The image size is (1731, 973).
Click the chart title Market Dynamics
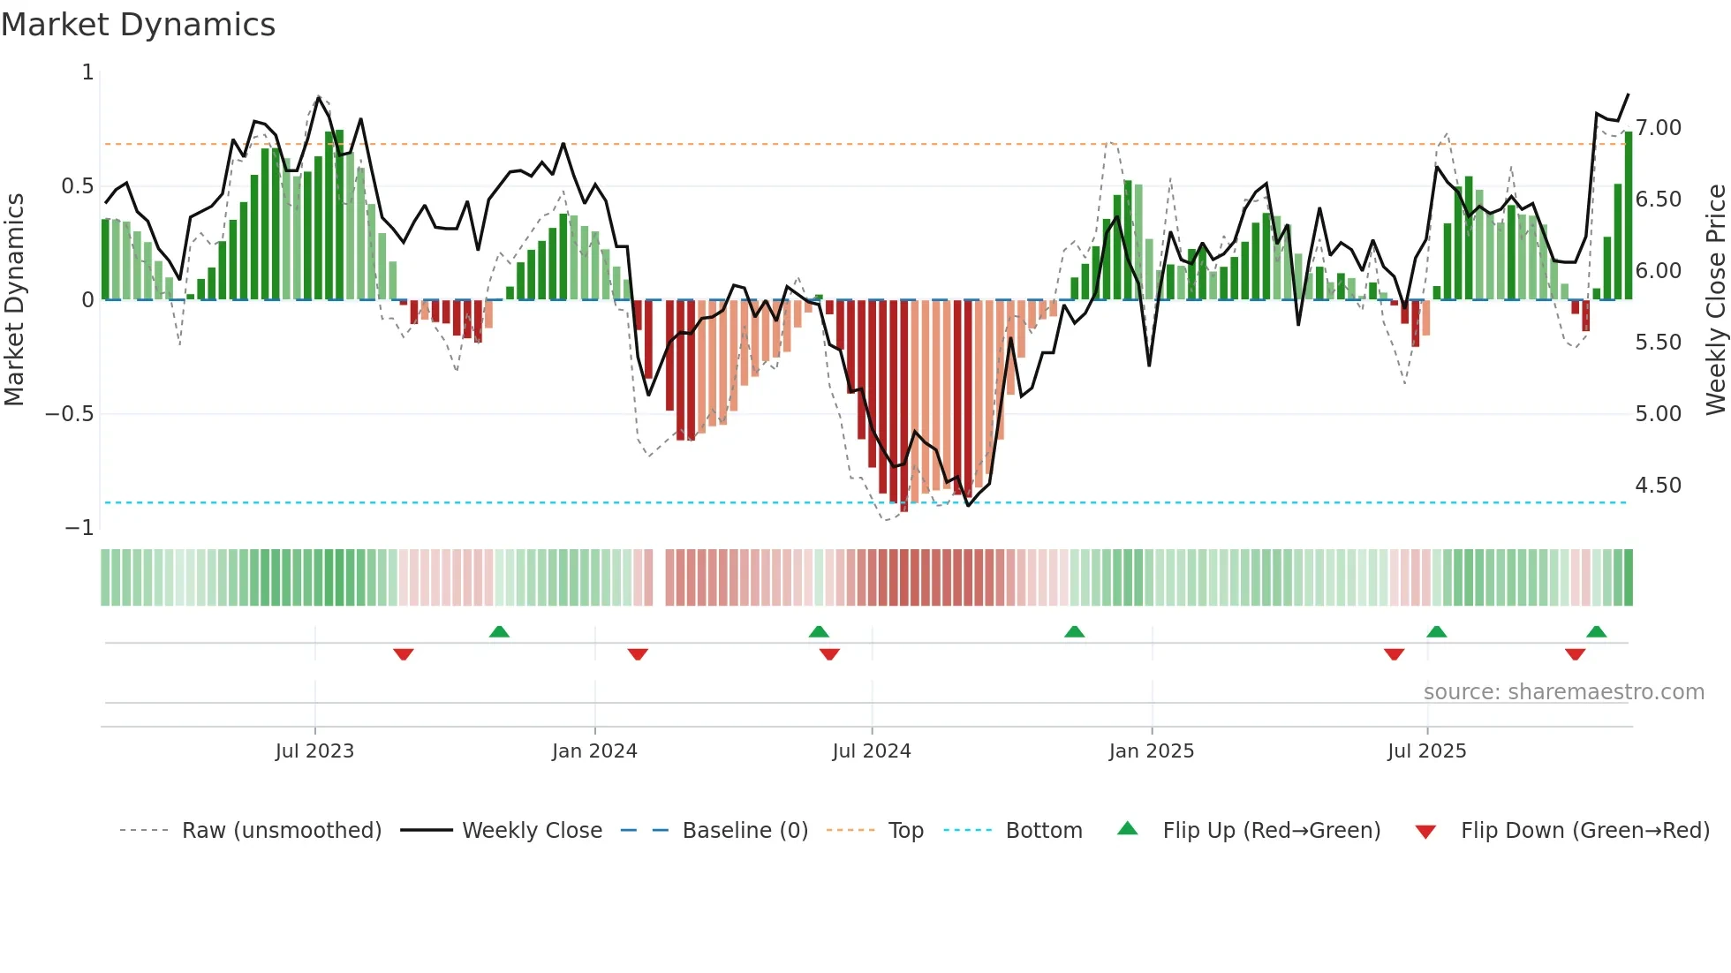pos(138,25)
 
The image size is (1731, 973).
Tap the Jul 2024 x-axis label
pos(871,751)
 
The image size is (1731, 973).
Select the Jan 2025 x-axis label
pos(1151,751)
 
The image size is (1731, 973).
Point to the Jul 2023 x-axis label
pos(314,751)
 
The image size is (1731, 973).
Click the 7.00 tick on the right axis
pos(1658,128)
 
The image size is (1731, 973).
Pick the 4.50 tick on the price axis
pos(1658,486)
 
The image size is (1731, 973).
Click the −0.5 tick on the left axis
pos(70,414)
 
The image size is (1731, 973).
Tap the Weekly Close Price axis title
pos(1715,299)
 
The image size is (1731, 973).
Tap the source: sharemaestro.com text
pos(1563,692)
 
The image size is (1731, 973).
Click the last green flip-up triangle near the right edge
pos(1596,632)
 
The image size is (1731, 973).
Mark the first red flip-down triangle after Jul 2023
pos(404,654)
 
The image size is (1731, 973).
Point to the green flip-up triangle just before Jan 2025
pos(1074,632)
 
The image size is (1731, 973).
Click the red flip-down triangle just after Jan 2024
pos(638,654)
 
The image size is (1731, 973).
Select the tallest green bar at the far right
pos(1629,216)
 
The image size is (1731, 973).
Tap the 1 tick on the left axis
pos(87,72)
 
